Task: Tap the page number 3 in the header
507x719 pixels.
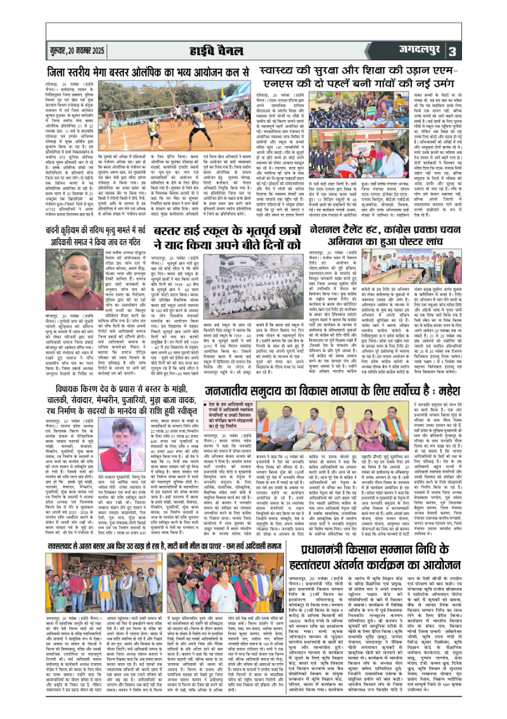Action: tap(488, 50)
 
